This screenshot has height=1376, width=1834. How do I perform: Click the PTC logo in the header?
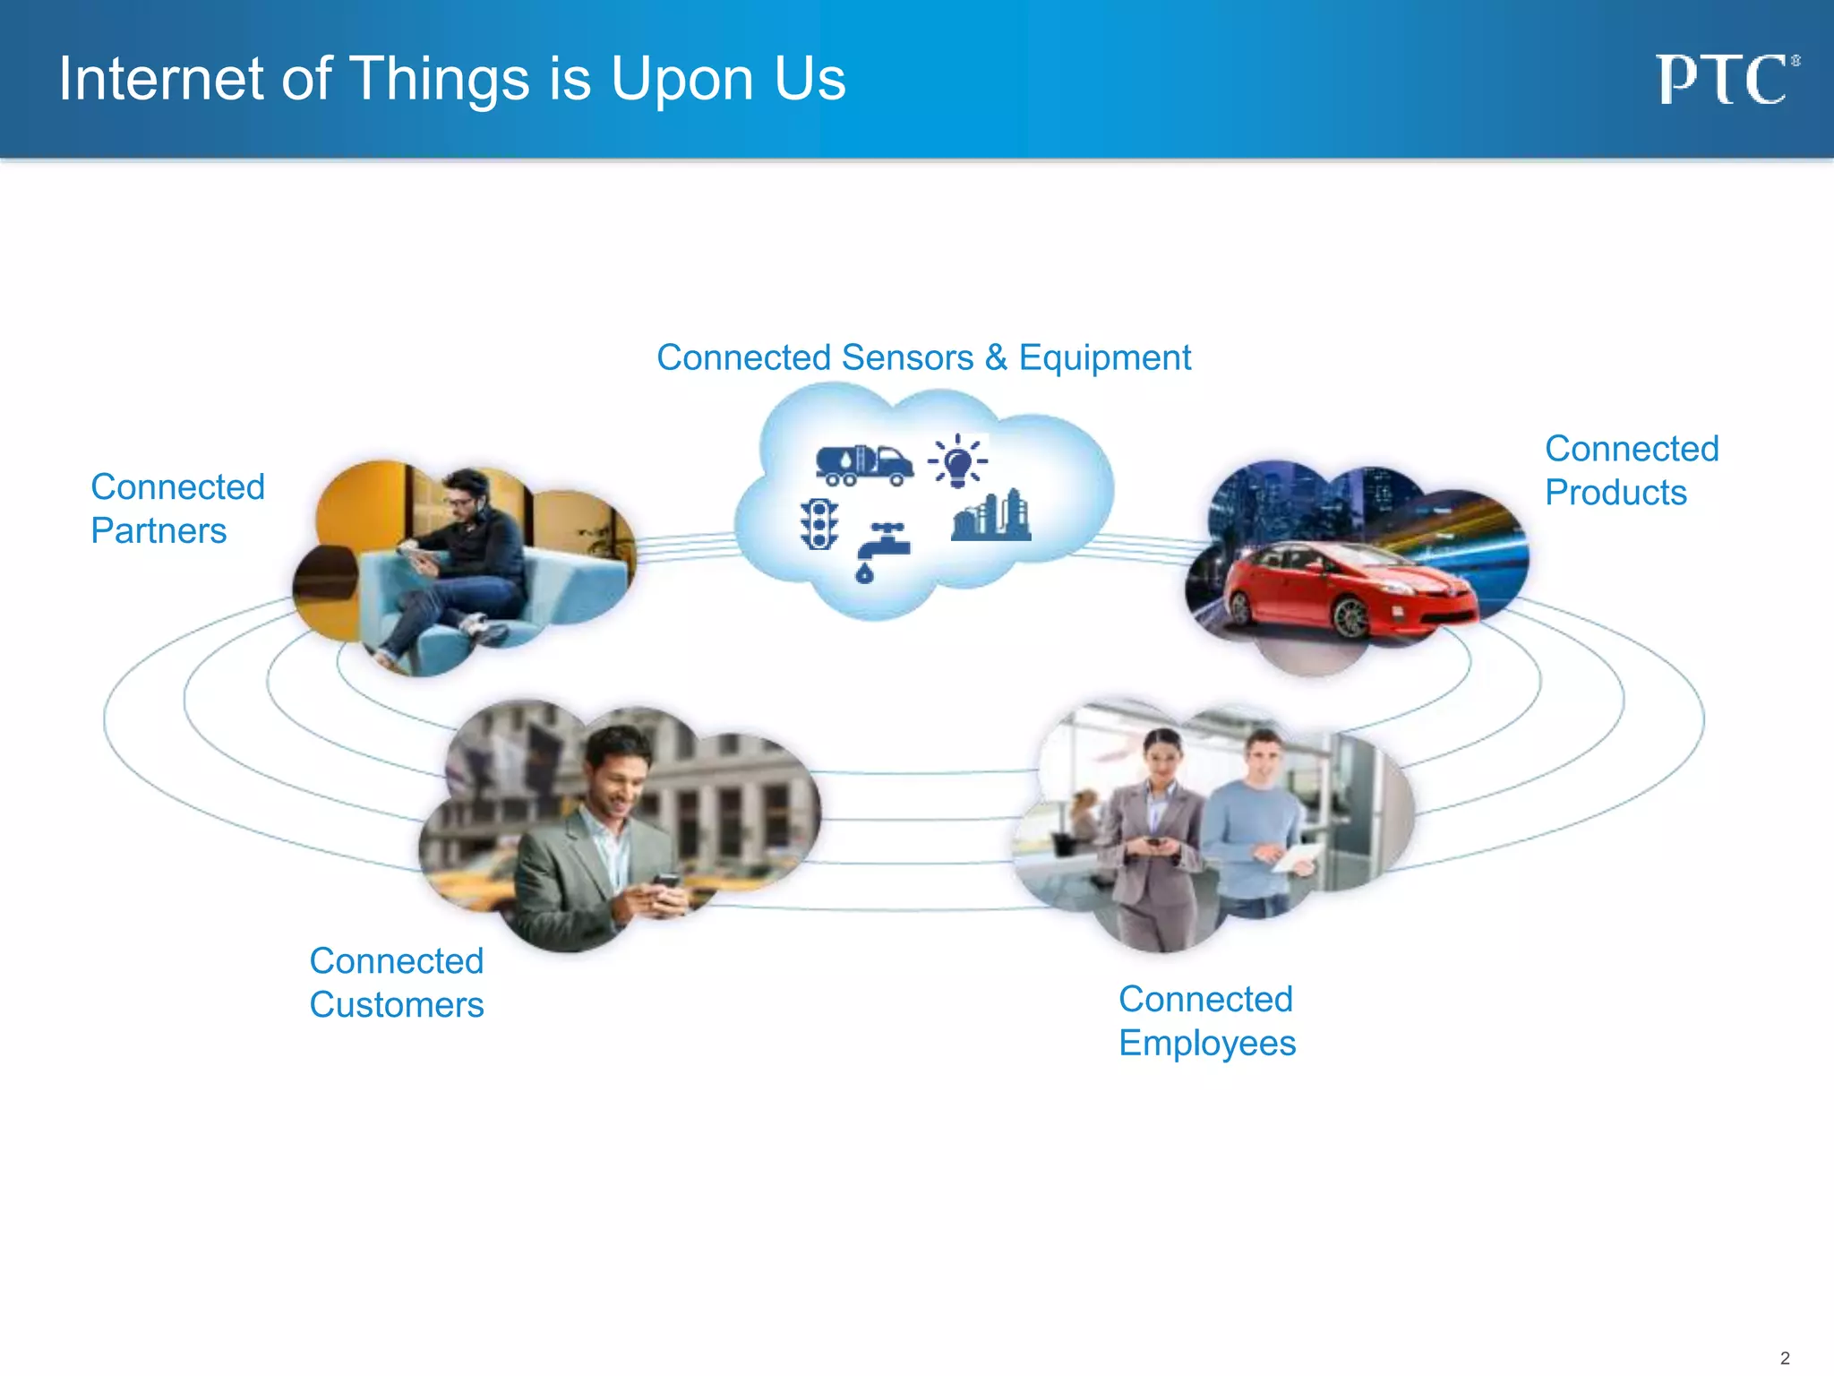click(x=1724, y=81)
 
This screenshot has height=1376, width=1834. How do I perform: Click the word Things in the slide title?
click(x=439, y=81)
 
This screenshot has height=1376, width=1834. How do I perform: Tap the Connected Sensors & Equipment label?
click(x=923, y=357)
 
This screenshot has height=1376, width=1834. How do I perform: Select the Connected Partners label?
click(x=177, y=509)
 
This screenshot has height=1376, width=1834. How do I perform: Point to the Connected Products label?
click(x=1631, y=470)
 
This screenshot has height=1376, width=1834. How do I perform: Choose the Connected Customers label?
click(x=396, y=983)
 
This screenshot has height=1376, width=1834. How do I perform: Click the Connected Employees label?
click(x=1206, y=1021)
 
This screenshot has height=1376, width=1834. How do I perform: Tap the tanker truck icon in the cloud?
click(x=863, y=465)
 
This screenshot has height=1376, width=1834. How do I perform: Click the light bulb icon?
click(x=958, y=462)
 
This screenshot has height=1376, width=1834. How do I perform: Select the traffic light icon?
click(x=818, y=524)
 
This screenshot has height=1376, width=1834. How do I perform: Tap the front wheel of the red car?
click(x=1350, y=618)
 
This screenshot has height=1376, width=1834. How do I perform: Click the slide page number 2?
click(x=1784, y=1357)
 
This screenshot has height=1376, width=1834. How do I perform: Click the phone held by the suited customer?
click(x=666, y=882)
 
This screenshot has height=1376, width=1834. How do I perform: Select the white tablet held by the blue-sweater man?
click(x=1296, y=858)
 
